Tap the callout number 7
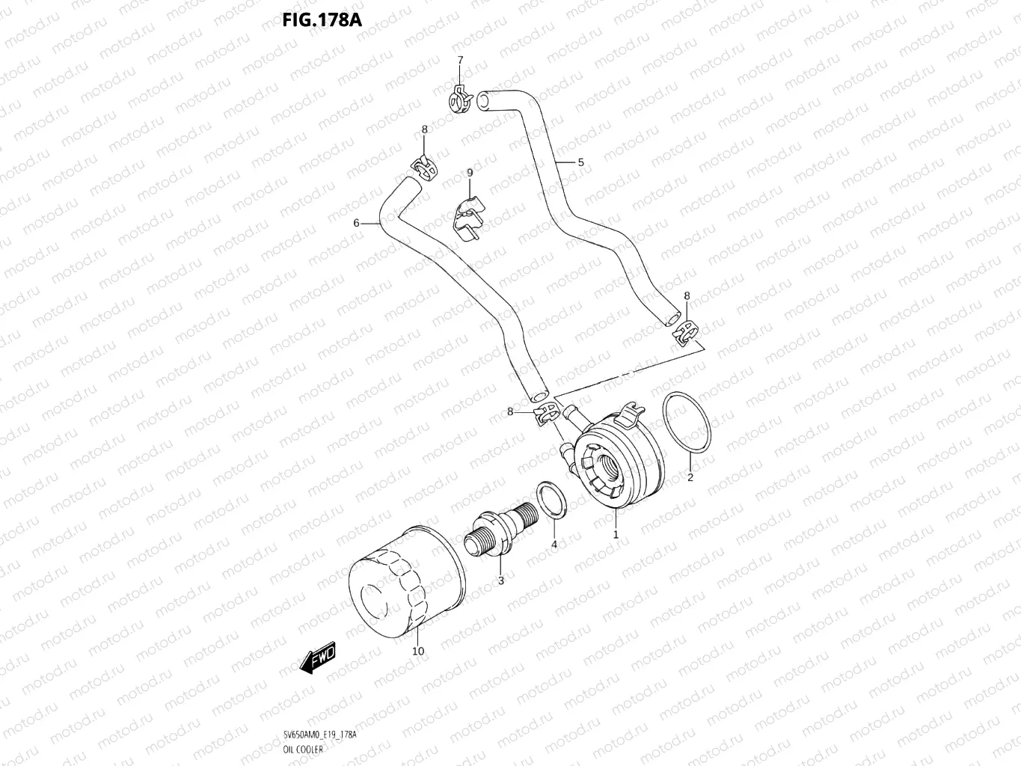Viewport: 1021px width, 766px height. [460, 60]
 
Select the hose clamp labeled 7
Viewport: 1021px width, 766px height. [460, 99]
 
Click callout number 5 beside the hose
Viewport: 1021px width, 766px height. [580, 162]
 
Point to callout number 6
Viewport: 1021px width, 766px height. [357, 223]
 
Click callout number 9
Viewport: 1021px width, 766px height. [470, 173]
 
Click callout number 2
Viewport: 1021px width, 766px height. [690, 477]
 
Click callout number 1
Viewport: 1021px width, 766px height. [616, 535]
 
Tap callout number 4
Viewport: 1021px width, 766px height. [554, 545]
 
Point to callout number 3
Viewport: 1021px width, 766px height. [500, 580]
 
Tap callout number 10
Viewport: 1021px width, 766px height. [418, 651]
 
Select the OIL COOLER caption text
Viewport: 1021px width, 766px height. [304, 749]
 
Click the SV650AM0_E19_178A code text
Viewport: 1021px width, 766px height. [320, 735]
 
